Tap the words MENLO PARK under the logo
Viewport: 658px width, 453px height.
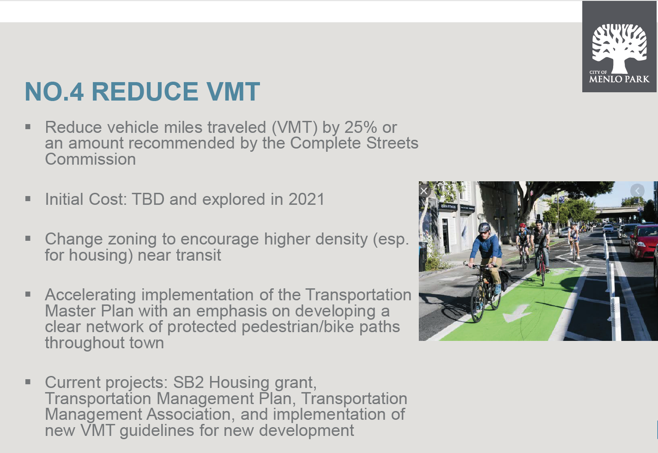[x=619, y=79]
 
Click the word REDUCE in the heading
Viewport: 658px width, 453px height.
[x=145, y=91]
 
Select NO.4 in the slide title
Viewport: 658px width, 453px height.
[x=54, y=91]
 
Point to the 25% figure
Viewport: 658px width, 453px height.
[x=361, y=127]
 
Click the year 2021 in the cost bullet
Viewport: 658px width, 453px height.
[x=307, y=199]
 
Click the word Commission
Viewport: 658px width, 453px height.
[x=90, y=159]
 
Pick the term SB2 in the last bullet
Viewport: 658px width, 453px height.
[x=188, y=382]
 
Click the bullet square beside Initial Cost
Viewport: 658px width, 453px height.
[x=28, y=199]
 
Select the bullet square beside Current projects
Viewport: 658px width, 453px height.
[x=28, y=381]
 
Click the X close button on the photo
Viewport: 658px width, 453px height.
[x=424, y=191]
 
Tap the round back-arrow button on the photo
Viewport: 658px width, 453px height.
[x=637, y=191]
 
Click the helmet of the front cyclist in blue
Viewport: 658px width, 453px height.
[x=484, y=227]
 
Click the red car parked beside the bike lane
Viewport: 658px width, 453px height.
[x=643, y=242]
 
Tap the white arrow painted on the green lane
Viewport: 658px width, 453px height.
[x=517, y=313]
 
